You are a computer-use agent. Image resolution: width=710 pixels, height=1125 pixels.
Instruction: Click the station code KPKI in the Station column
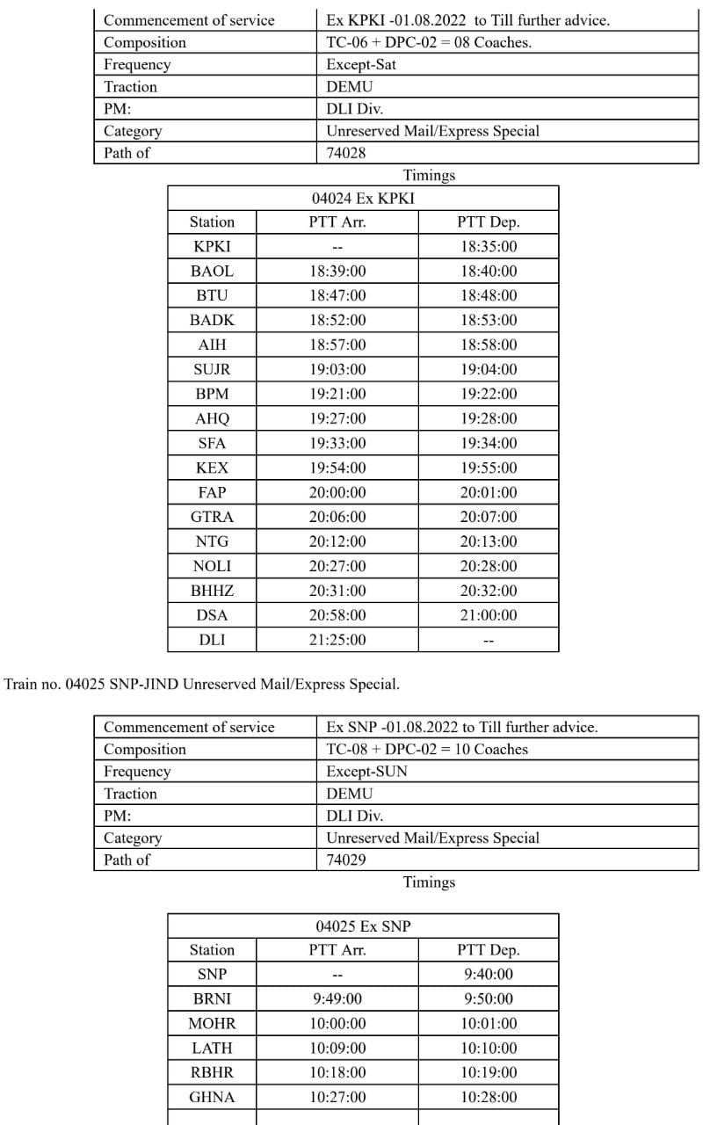(212, 247)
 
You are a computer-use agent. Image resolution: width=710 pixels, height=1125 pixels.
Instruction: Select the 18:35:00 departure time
(489, 247)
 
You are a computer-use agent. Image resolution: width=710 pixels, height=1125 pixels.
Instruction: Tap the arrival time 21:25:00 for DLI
(337, 640)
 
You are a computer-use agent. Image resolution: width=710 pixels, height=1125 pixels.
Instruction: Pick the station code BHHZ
(212, 591)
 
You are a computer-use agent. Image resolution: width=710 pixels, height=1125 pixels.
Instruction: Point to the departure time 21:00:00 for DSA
(489, 615)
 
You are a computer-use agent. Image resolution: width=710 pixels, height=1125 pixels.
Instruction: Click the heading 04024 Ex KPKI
(363, 199)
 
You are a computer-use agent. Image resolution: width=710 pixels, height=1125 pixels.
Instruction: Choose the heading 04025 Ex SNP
(363, 926)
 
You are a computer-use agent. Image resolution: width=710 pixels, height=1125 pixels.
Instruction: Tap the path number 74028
(345, 153)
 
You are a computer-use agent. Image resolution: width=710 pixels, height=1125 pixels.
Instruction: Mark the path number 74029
(346, 860)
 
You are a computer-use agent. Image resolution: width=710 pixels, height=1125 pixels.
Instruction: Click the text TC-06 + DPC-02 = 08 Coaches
(428, 42)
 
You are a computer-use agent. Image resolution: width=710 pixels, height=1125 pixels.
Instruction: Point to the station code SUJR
(212, 369)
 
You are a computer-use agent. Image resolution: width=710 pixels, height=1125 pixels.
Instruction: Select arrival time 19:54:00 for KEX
(337, 468)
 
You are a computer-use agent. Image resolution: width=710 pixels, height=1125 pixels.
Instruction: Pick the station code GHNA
(212, 1097)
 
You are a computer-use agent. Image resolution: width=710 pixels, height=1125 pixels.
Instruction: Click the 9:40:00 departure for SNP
(489, 974)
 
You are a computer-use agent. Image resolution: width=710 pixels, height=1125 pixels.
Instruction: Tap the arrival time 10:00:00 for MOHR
(337, 1023)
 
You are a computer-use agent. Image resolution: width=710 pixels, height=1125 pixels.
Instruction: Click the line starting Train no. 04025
(202, 683)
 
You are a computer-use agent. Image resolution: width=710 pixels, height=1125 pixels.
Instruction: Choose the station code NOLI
(212, 566)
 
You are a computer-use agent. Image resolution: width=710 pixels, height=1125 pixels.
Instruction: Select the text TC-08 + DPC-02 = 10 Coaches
(427, 750)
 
